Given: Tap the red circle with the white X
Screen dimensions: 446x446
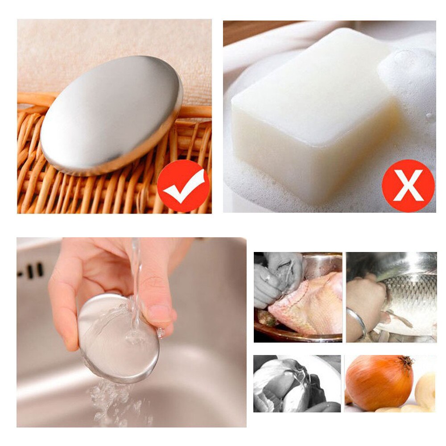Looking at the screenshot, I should tap(408, 186).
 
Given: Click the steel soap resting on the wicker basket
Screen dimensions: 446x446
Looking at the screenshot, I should tap(111, 116).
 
